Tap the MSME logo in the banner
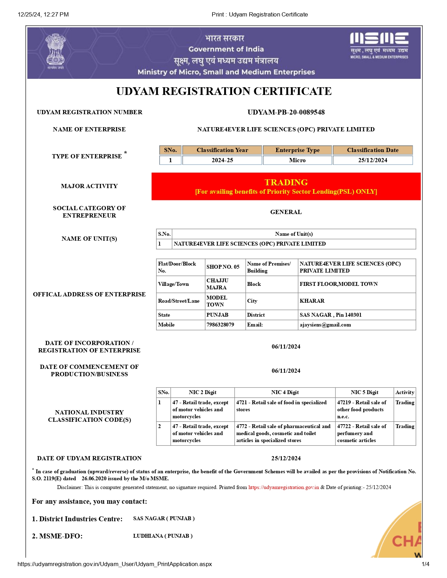tap(379, 45)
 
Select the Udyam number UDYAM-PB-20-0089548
tap(286, 112)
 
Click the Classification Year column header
tap(222, 150)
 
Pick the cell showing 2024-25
tap(222, 160)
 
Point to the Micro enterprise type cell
tap(297, 160)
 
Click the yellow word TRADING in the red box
tap(286, 182)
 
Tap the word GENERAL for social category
tap(286, 212)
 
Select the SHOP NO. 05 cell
tap(223, 267)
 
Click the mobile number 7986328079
tap(220, 325)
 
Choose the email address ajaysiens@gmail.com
tap(325, 325)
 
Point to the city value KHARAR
tap(312, 301)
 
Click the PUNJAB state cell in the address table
tap(217, 315)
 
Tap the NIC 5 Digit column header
tap(364, 392)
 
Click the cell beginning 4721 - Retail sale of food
tap(284, 406)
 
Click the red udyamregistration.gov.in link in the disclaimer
tap(284, 487)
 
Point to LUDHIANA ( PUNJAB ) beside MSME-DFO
tap(163, 536)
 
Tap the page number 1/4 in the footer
tap(425, 564)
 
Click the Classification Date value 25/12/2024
tap(373, 160)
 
